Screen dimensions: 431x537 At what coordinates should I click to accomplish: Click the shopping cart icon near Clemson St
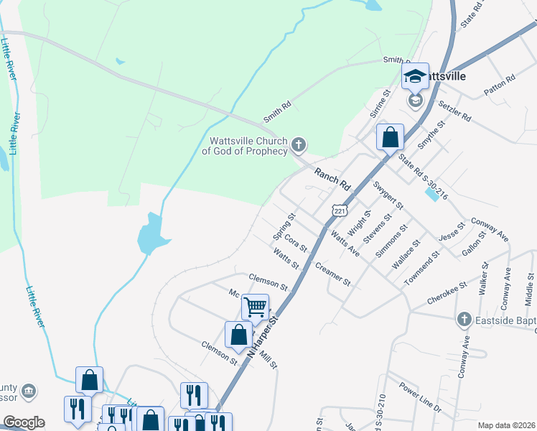(255, 307)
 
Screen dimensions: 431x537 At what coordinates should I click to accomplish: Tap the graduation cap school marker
(415, 76)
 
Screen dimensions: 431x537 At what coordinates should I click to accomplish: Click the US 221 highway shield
(340, 209)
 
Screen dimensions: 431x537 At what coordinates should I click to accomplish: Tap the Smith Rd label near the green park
(277, 110)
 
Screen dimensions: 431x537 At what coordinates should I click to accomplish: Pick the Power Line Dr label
(420, 399)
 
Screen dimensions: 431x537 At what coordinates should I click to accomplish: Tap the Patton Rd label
(500, 84)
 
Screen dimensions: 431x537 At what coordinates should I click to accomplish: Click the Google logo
(24, 422)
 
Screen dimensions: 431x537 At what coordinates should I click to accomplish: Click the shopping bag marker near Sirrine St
(390, 136)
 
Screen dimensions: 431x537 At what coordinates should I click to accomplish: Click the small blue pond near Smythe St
(431, 193)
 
